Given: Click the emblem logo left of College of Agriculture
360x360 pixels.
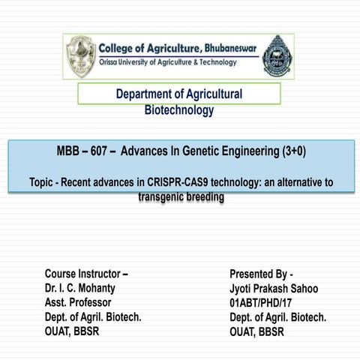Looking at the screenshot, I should [80, 56].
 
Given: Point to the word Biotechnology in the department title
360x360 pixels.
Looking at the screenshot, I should [178, 110].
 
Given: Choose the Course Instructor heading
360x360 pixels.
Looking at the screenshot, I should [86, 274].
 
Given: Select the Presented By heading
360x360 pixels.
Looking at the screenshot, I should [261, 274].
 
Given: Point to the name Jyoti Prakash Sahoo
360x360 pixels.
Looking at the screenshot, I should [274, 288].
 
